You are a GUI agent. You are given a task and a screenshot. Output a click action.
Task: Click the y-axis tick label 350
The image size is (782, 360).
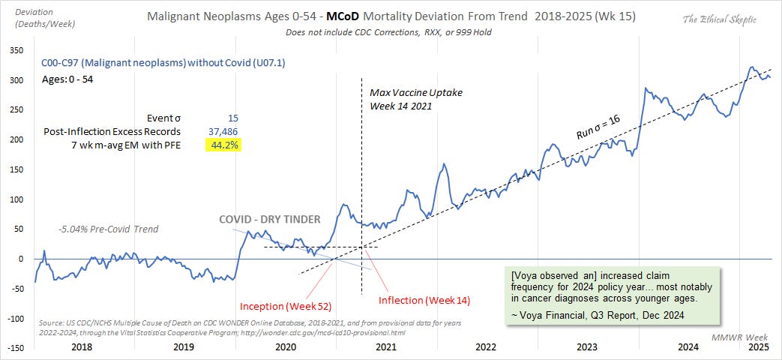[14, 50]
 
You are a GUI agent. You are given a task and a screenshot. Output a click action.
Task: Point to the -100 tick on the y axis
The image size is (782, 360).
[13, 318]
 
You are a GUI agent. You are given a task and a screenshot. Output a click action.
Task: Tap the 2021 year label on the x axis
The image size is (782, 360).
[385, 347]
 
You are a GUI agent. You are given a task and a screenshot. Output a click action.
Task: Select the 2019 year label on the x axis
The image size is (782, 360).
[183, 347]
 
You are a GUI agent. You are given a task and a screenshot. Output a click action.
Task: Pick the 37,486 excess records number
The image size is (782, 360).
[223, 131]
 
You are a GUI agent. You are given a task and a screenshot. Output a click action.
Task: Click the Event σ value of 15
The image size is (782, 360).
[232, 118]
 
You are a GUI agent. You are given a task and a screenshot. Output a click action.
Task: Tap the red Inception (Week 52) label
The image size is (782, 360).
[286, 306]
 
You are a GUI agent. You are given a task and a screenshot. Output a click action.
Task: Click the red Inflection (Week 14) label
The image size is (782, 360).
[424, 300]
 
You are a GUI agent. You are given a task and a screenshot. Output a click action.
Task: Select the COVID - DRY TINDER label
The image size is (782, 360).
[269, 219]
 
